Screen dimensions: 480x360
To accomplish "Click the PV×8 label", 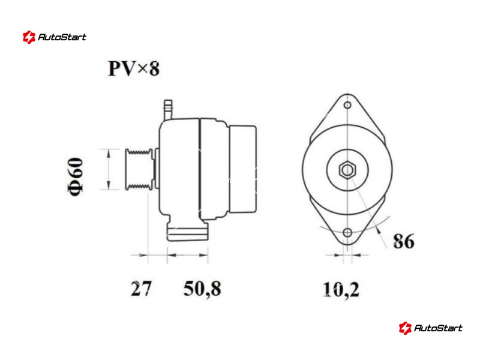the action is click(x=134, y=68).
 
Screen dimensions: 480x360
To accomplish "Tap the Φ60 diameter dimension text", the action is click(x=76, y=176).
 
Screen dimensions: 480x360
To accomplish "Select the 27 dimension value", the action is click(x=141, y=289).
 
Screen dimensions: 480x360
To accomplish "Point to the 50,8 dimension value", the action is click(x=202, y=289).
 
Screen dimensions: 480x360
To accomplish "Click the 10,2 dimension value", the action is click(x=341, y=290).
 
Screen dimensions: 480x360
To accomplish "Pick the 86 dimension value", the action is click(x=404, y=241).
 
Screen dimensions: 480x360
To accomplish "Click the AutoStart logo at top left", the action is click(x=55, y=37).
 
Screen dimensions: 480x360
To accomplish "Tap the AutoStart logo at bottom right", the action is click(x=430, y=328).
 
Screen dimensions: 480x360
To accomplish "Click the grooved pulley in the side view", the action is click(x=139, y=169).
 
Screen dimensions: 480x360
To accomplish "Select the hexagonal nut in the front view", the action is click(x=347, y=170).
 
